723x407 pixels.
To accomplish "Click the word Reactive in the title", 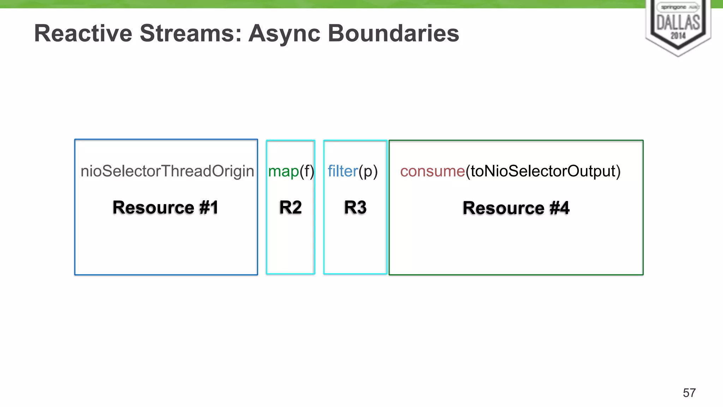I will [x=83, y=34].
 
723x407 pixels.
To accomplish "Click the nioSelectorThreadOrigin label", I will [x=167, y=172].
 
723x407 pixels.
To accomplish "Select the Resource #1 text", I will [x=165, y=207].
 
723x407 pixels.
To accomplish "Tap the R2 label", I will [x=290, y=207].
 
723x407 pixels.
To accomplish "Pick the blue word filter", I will [x=342, y=171].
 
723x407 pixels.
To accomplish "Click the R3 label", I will [x=355, y=207].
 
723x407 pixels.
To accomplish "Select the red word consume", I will [x=432, y=172].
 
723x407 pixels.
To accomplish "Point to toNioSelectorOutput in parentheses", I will [x=543, y=171].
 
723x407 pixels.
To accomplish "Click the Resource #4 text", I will [x=516, y=208].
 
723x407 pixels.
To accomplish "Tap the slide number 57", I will [x=689, y=393].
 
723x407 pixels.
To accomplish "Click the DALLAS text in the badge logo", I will [x=678, y=23].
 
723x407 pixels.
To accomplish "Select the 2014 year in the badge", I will [x=678, y=36].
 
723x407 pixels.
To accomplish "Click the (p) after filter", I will [x=368, y=172].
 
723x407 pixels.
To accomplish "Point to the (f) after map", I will [x=307, y=172].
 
